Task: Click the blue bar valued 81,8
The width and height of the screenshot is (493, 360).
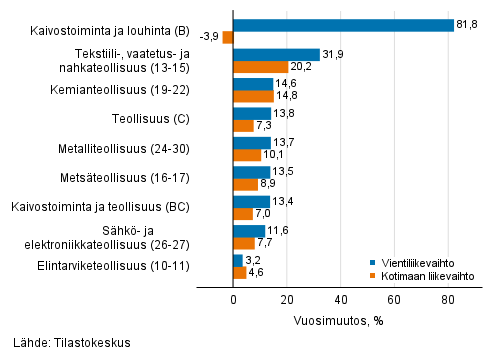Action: pyautogui.click(x=343, y=25)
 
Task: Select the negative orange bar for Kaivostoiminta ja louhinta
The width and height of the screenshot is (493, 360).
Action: pyautogui.click(x=228, y=38)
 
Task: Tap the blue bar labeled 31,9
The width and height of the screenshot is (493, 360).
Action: pyautogui.click(x=276, y=55)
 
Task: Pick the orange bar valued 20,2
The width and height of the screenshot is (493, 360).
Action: pyautogui.click(x=260, y=67)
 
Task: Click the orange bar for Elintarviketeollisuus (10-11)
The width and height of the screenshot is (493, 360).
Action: pyautogui.click(x=239, y=272)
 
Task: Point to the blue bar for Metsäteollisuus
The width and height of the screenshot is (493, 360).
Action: pyautogui.click(x=251, y=172)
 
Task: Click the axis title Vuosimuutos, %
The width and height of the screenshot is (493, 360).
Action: pyautogui.click(x=341, y=321)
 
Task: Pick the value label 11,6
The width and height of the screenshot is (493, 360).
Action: pyautogui.click(x=277, y=230)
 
